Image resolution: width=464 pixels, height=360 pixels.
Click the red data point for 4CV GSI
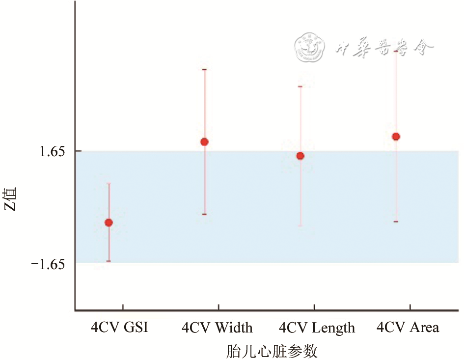[x=109, y=222]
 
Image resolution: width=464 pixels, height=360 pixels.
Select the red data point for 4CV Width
[x=205, y=142]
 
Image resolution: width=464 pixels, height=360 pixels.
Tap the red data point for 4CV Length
[x=300, y=156]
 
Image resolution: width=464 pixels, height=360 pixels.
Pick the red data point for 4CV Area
[x=396, y=137]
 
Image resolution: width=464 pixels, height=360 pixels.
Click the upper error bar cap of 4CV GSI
[x=109, y=183]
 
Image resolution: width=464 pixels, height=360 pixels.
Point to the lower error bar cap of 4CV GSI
[x=109, y=261]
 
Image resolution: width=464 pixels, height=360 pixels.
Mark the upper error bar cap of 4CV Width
[x=205, y=69]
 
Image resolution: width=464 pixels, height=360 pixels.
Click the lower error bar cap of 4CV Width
[x=205, y=214]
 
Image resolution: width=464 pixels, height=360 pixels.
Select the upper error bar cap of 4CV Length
[x=300, y=86]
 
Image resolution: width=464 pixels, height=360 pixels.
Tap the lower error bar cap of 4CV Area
[x=396, y=222]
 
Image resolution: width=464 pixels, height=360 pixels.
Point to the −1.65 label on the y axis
[x=48, y=264]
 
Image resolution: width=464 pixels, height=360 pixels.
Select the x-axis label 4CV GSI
[x=119, y=327]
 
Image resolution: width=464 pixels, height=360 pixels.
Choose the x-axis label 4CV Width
[x=217, y=327]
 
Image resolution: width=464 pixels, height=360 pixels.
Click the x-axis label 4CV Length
[x=317, y=327]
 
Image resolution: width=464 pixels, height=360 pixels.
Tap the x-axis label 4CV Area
[x=408, y=327]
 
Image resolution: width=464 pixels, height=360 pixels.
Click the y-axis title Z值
[x=11, y=199]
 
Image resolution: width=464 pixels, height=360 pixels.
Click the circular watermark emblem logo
[x=311, y=47]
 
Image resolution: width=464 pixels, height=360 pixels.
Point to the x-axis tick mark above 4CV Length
[x=314, y=307]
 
